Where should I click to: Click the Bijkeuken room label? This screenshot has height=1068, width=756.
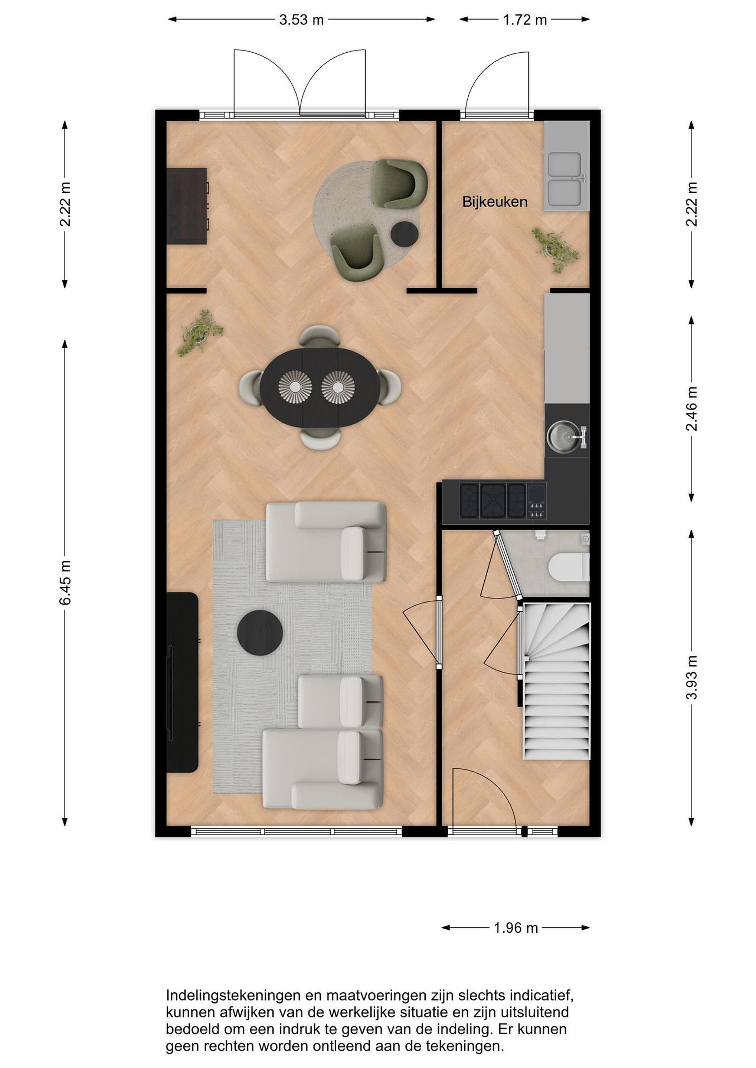pos(494,202)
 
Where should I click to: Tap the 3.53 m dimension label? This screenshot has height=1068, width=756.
pos(301,20)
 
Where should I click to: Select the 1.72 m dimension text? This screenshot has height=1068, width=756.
pos(525,20)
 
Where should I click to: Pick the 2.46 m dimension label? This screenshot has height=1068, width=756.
pos(692,409)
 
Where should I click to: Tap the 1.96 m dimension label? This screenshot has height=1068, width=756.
pos(516,928)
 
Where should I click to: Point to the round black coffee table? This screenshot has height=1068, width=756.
pos(260,633)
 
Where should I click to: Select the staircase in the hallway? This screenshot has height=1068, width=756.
pos(557,681)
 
